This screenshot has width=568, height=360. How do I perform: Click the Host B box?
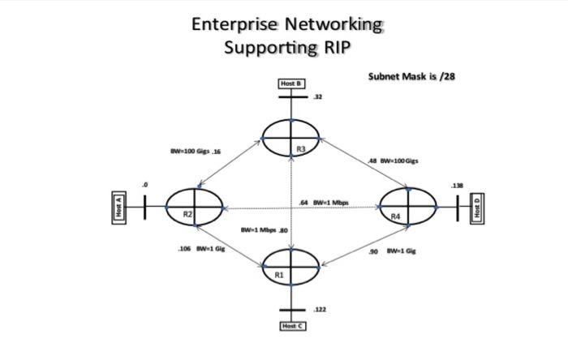291,84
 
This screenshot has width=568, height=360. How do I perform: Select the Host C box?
292,325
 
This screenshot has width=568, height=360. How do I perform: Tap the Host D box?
478,208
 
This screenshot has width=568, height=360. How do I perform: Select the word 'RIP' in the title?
335,47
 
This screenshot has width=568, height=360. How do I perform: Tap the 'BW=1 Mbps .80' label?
265,230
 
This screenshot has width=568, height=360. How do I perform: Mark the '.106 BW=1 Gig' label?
201,249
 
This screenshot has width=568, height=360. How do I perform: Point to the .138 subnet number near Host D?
458,186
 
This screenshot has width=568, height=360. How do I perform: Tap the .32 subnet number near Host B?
317,96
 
